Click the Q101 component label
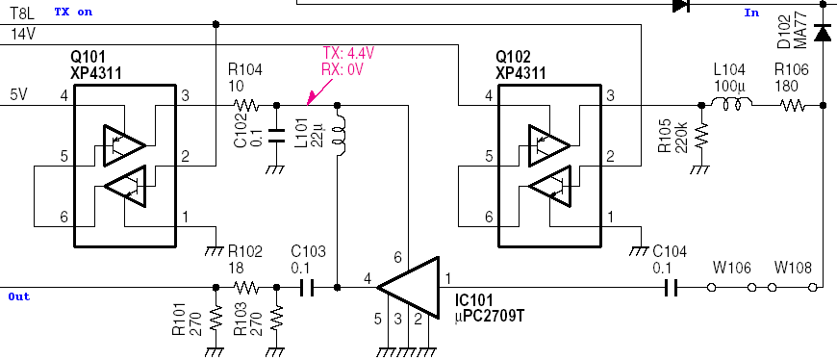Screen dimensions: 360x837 coord(97,56)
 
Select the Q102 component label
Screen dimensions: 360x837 coord(520,56)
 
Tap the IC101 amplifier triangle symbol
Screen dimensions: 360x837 coord(408,287)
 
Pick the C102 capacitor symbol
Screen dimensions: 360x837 coord(276,134)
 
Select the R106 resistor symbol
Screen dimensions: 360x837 coord(794,105)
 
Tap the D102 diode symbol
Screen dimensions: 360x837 coord(822,34)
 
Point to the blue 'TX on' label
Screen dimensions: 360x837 coord(74,12)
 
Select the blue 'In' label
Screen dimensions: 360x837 coord(751,13)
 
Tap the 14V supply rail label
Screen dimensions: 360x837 coord(22,34)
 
